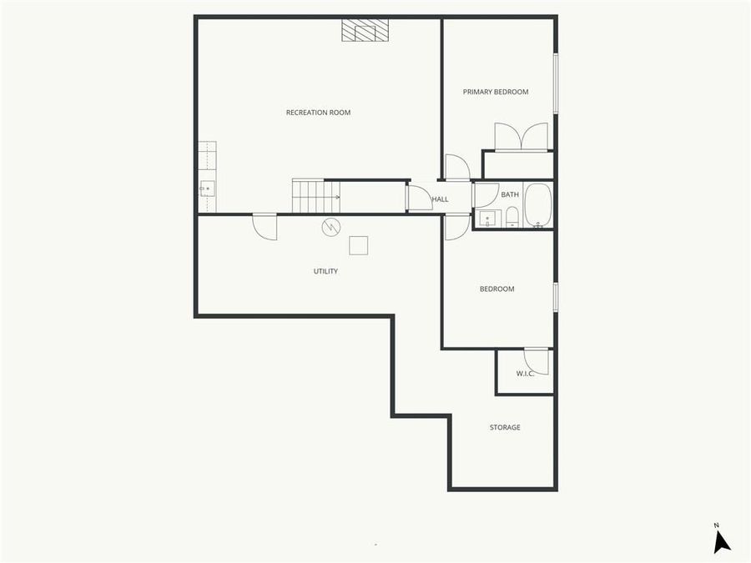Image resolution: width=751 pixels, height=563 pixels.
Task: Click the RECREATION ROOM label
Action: pyautogui.click(x=318, y=113)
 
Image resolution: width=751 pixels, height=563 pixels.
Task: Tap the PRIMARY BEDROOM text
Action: pyautogui.click(x=496, y=92)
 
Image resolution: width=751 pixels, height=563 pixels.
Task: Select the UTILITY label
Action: pyautogui.click(x=325, y=271)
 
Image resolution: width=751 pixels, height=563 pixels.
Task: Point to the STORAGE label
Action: pyautogui.click(x=504, y=427)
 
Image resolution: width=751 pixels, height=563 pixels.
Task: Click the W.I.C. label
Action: pyautogui.click(x=525, y=373)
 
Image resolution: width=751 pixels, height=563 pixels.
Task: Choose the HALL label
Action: pyautogui.click(x=440, y=199)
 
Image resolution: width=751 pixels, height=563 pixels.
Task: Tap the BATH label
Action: pyautogui.click(x=509, y=194)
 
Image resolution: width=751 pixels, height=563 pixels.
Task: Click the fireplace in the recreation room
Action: pyautogui.click(x=365, y=30)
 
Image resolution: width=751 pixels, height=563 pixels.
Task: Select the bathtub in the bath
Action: pyautogui.click(x=537, y=205)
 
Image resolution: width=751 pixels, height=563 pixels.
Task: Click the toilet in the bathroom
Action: pyautogui.click(x=512, y=219)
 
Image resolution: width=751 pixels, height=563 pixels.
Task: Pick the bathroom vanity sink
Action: pyautogui.click(x=487, y=219)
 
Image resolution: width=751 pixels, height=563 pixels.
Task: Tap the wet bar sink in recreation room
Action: pyautogui.click(x=206, y=189)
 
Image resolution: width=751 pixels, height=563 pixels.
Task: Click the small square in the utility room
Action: pyautogui.click(x=359, y=245)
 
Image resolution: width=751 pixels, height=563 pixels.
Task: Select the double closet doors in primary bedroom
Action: pyautogui.click(x=522, y=137)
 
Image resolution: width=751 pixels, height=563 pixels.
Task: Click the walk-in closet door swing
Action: pyautogui.click(x=538, y=360)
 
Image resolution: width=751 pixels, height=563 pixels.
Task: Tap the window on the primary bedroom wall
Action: pyautogui.click(x=556, y=84)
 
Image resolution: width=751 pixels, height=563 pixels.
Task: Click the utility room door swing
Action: pyautogui.click(x=265, y=227)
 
